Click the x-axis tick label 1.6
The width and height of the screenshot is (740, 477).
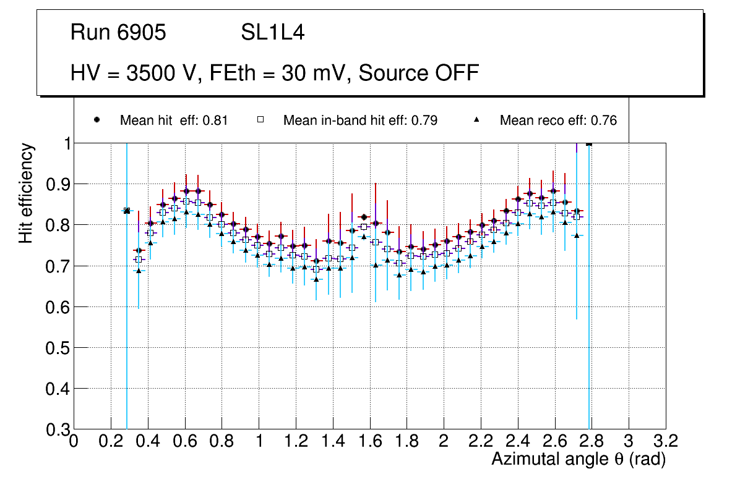(369, 441)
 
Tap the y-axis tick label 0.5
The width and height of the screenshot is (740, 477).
(56, 348)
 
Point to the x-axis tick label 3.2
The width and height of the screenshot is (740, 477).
(666, 441)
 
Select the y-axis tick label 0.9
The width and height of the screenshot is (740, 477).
(56, 184)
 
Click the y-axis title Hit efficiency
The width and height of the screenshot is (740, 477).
(26, 193)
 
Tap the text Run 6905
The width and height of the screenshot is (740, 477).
(118, 33)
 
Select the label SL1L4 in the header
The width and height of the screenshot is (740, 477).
(273, 33)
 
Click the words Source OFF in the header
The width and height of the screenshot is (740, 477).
(419, 73)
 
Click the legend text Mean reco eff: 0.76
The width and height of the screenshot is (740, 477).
(558, 120)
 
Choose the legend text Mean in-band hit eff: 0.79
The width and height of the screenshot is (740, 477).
(360, 120)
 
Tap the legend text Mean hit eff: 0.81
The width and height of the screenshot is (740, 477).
(174, 120)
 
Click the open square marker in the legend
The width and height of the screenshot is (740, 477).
(260, 120)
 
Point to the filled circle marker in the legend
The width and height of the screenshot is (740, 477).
(97, 120)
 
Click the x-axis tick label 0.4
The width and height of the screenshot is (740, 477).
(147, 441)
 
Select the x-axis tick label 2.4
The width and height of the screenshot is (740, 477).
(517, 441)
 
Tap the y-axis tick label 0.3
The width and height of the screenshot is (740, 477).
(56, 429)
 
